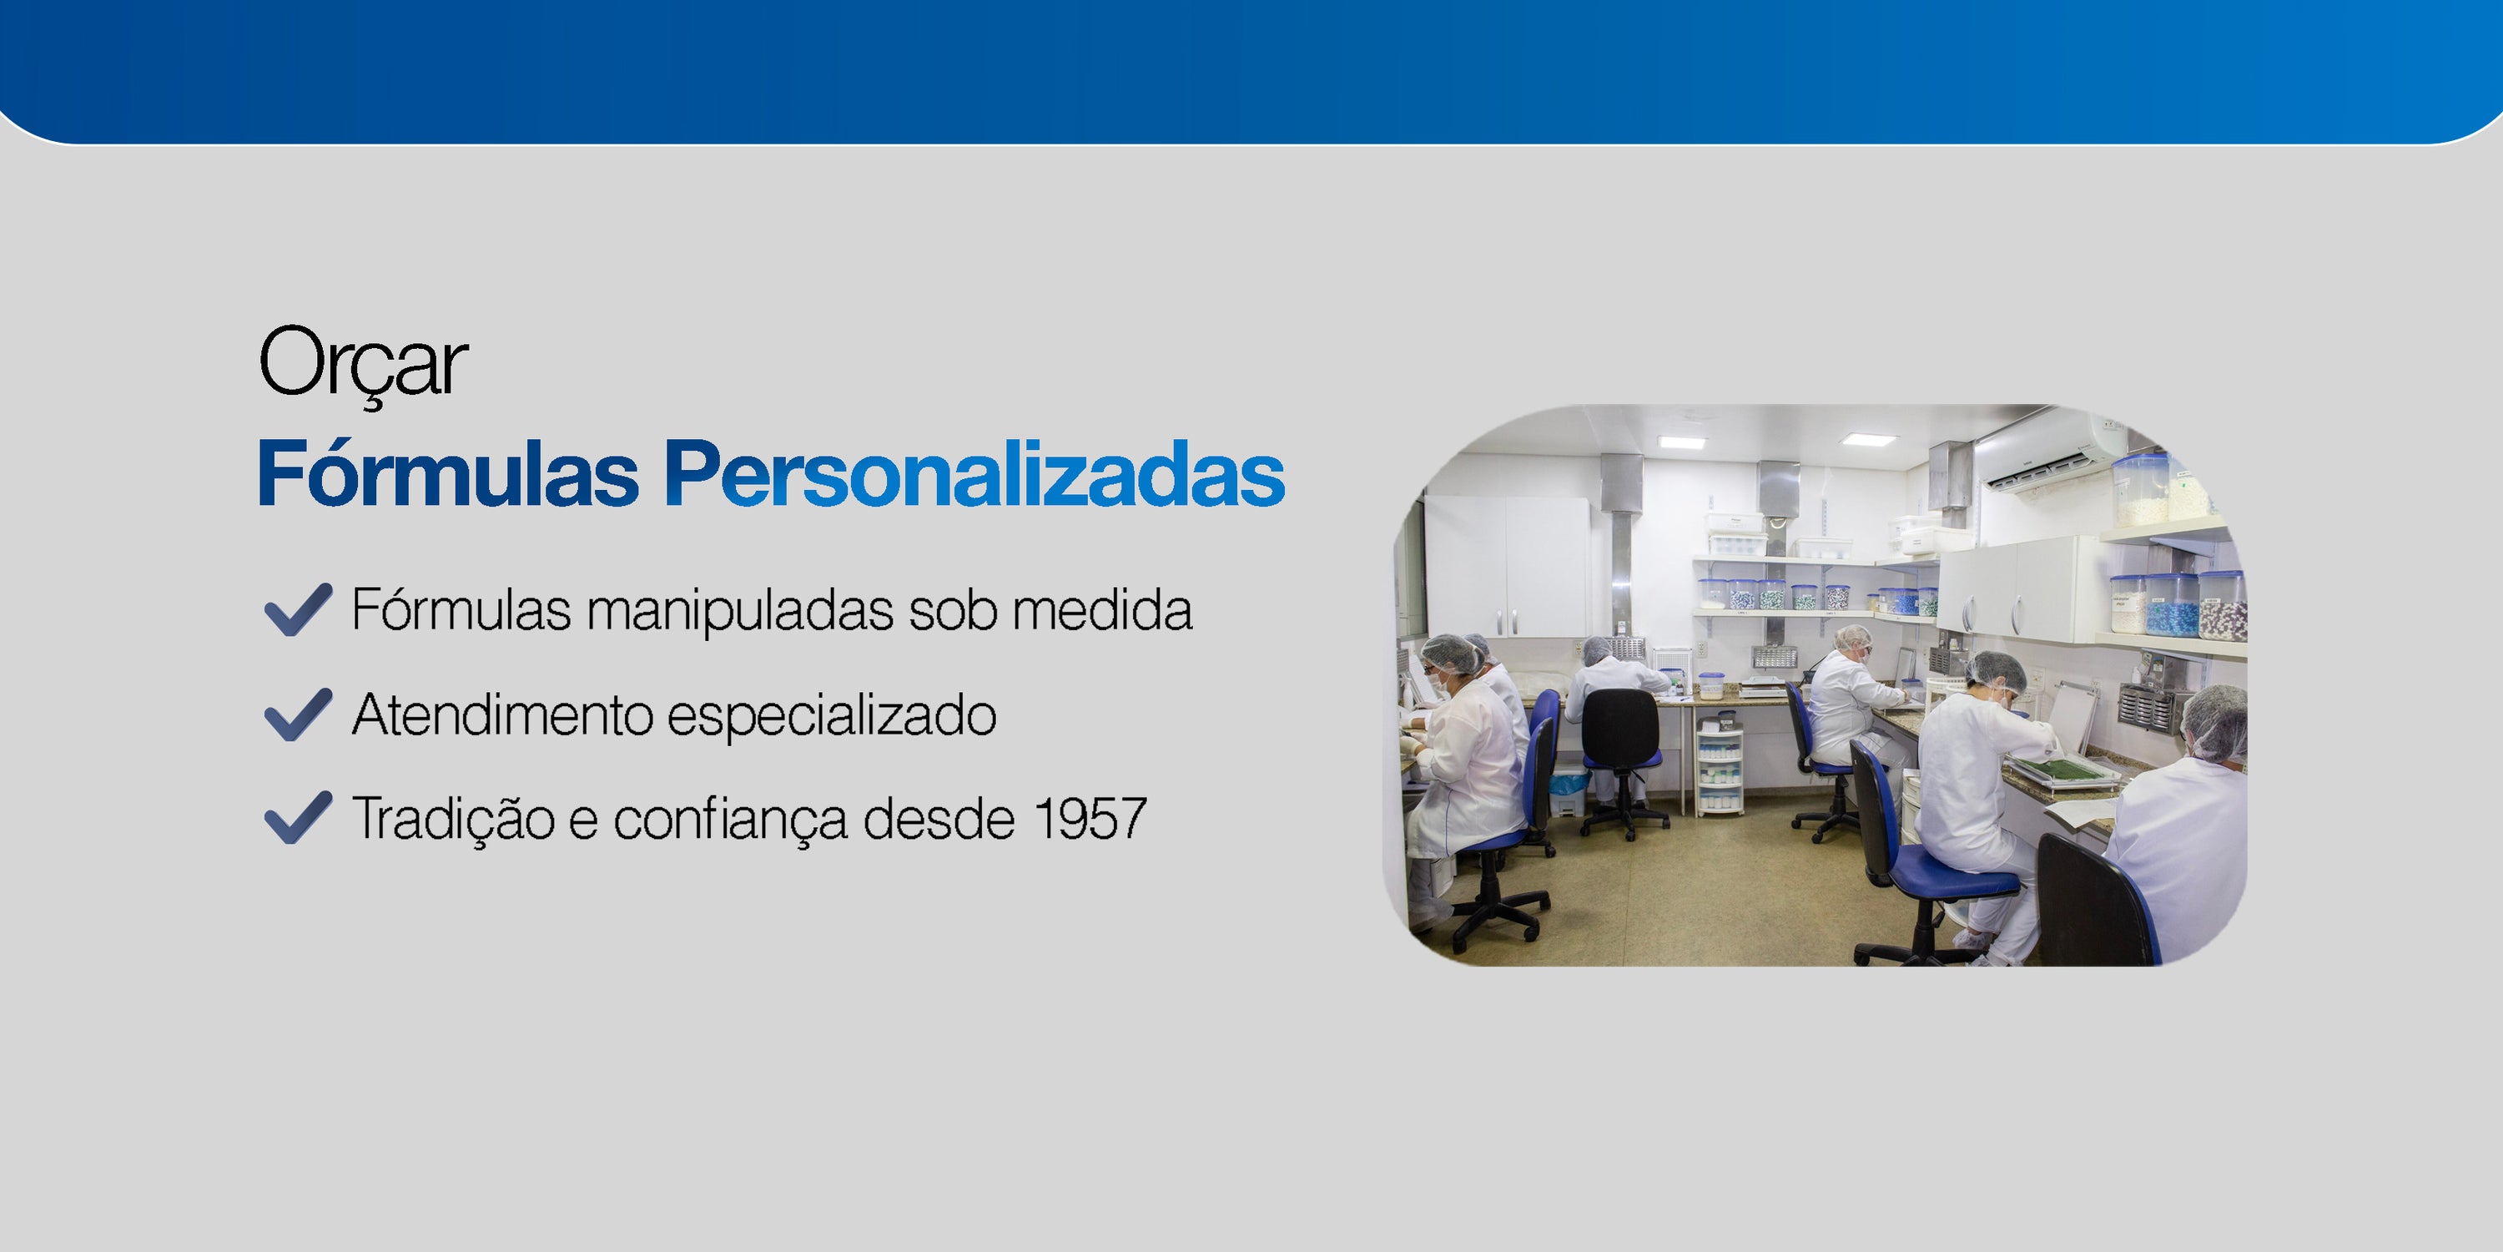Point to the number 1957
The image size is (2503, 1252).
click(x=1090, y=819)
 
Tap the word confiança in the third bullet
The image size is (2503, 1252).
click(x=731, y=820)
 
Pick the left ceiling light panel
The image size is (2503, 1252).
click(x=1682, y=442)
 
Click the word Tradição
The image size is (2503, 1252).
click(x=453, y=819)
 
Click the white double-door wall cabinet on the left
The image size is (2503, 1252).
click(x=1506, y=566)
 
